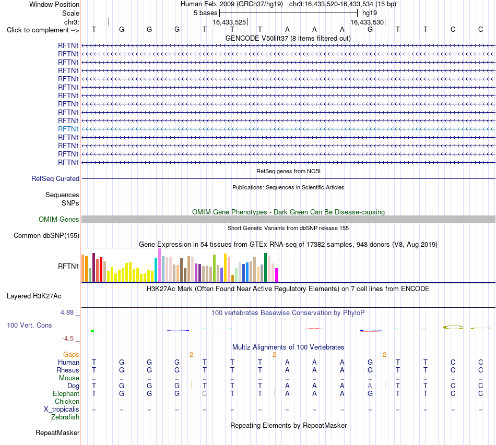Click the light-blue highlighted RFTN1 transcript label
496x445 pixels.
68,129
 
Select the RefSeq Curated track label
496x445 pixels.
55,178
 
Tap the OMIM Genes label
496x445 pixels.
59,219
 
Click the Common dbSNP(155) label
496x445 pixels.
46,235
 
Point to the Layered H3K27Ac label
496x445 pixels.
34,296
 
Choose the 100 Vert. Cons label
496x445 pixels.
29,325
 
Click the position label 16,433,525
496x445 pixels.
229,22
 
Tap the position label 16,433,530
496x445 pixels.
367,22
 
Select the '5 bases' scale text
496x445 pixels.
206,13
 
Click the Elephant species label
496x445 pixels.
66,393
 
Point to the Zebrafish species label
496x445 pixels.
65,417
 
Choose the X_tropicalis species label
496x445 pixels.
62,410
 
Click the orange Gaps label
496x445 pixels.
71,355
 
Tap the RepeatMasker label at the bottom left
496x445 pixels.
57,432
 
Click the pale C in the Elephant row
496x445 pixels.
205,393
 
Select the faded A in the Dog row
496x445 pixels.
370,386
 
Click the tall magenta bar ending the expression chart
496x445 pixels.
277,275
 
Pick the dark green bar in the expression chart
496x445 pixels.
265,268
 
